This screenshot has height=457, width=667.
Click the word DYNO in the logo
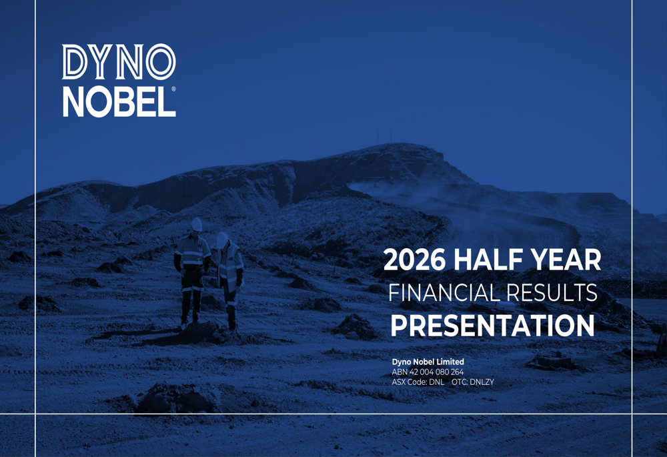119,61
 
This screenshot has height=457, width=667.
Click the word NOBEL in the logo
119,102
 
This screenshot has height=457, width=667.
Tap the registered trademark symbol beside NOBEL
173,89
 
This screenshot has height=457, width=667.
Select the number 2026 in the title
414,260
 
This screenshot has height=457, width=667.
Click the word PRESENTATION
493,326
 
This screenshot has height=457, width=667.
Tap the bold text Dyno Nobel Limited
428,362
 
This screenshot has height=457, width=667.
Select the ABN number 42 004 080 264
436,372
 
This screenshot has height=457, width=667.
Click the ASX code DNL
436,382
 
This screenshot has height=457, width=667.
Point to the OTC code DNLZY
482,382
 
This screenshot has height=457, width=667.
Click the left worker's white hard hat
196,224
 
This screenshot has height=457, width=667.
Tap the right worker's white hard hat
221,240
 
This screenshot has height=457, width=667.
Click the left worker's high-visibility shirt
192,252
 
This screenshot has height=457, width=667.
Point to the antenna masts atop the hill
384,137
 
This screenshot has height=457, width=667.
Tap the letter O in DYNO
161,61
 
